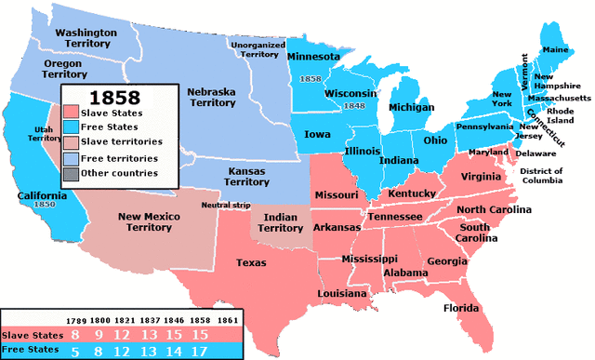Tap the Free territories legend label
(121, 158)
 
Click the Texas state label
(249, 263)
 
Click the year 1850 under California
(42, 203)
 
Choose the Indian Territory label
(280, 221)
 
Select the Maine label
(554, 49)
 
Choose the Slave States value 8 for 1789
(73, 334)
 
